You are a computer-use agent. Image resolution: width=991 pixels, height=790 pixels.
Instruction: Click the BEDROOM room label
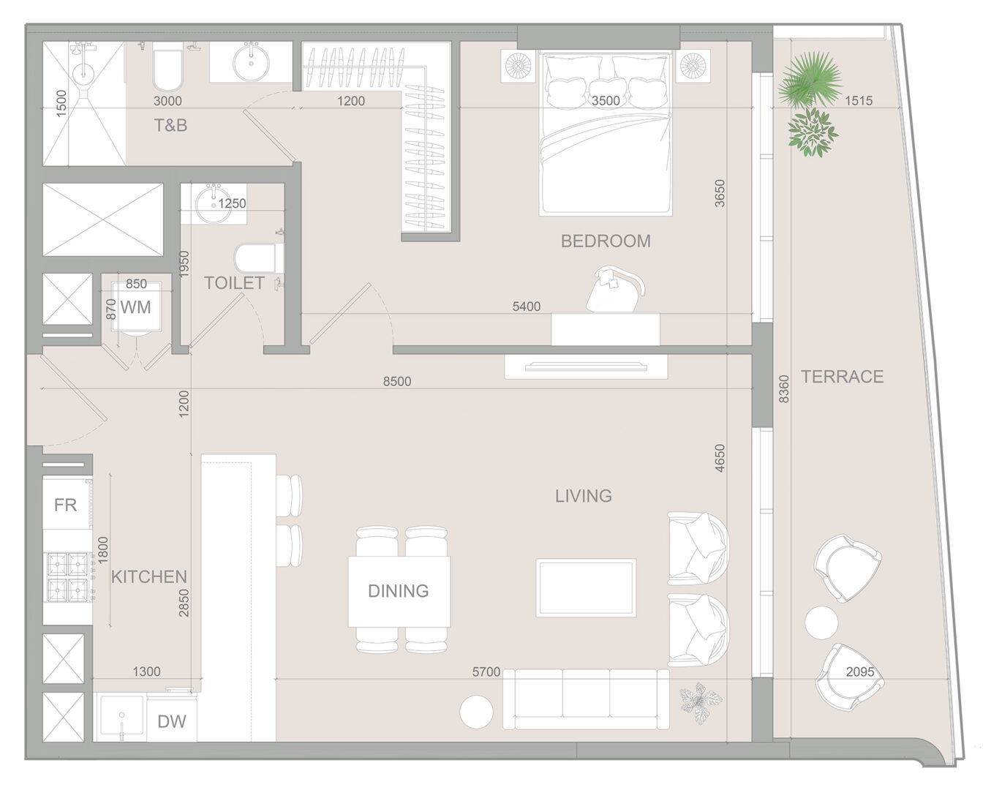point(606,241)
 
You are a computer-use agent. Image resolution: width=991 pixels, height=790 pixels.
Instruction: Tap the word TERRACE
point(843,377)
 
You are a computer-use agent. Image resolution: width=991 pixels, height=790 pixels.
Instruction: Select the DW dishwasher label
point(172,722)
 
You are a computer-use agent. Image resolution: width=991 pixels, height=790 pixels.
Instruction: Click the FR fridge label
point(65,505)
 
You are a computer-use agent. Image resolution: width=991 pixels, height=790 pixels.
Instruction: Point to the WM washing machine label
point(135,307)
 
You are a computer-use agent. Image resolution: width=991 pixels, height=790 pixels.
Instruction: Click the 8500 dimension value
point(397,381)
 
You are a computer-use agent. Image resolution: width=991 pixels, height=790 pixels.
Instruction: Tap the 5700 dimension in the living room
point(486,672)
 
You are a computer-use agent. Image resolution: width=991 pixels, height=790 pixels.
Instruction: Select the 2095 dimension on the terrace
point(860,672)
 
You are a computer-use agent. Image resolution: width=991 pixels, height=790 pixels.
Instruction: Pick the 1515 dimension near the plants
point(859,100)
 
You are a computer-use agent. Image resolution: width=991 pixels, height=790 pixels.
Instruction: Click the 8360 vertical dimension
point(784,388)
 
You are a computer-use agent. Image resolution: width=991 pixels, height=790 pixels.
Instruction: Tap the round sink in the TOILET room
point(213,203)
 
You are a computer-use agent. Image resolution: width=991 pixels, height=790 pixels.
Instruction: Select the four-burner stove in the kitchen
point(69,576)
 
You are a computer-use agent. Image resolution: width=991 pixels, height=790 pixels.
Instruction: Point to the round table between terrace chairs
point(821,622)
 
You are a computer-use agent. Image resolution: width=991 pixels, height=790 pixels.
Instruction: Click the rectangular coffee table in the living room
point(587,588)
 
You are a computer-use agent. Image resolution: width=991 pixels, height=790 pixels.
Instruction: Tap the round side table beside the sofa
point(477,712)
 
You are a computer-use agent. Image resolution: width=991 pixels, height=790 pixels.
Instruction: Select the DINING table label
point(399,591)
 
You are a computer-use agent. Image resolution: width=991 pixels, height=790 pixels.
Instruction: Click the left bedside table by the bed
point(518,66)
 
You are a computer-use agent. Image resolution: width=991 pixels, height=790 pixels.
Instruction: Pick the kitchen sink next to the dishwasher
point(121,718)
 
